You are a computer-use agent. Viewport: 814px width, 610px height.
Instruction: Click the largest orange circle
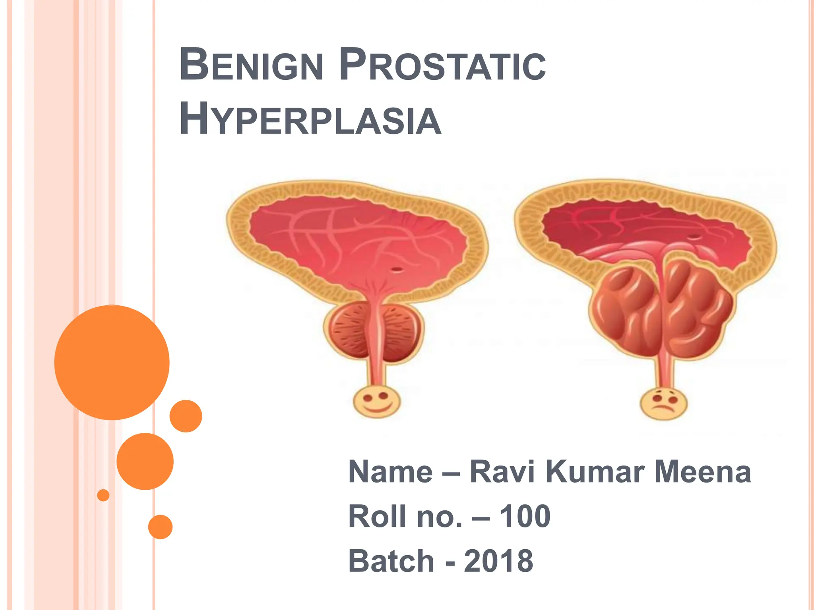coord(112,362)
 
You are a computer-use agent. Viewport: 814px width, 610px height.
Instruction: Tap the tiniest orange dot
coord(103,495)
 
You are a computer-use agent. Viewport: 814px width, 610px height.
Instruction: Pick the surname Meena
coord(702,472)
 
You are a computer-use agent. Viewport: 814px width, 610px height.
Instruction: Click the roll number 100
coord(525,516)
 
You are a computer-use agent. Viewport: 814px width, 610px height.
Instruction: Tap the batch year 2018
coord(498,561)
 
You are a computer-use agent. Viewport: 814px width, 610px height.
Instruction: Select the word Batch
coord(391,561)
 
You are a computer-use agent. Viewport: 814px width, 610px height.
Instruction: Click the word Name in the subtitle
coord(390,472)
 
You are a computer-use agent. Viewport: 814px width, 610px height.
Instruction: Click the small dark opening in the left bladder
coord(397,270)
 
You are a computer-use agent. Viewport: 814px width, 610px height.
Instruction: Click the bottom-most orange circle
coord(160,527)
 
